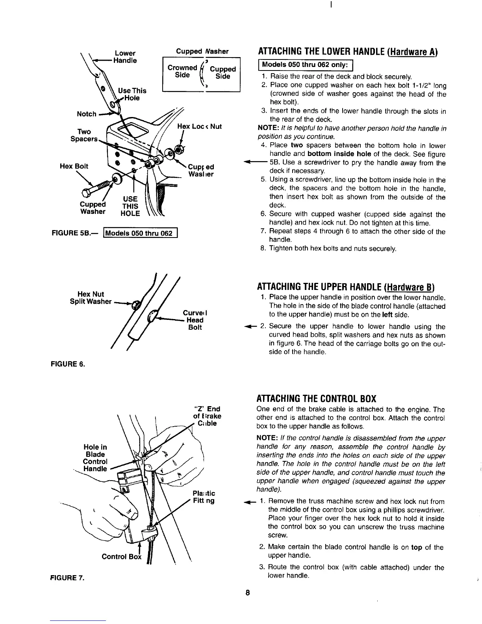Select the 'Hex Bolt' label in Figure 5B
74,166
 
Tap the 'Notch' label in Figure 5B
86,114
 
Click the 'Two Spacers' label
83,135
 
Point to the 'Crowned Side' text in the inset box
182,71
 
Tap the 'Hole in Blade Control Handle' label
95,458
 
